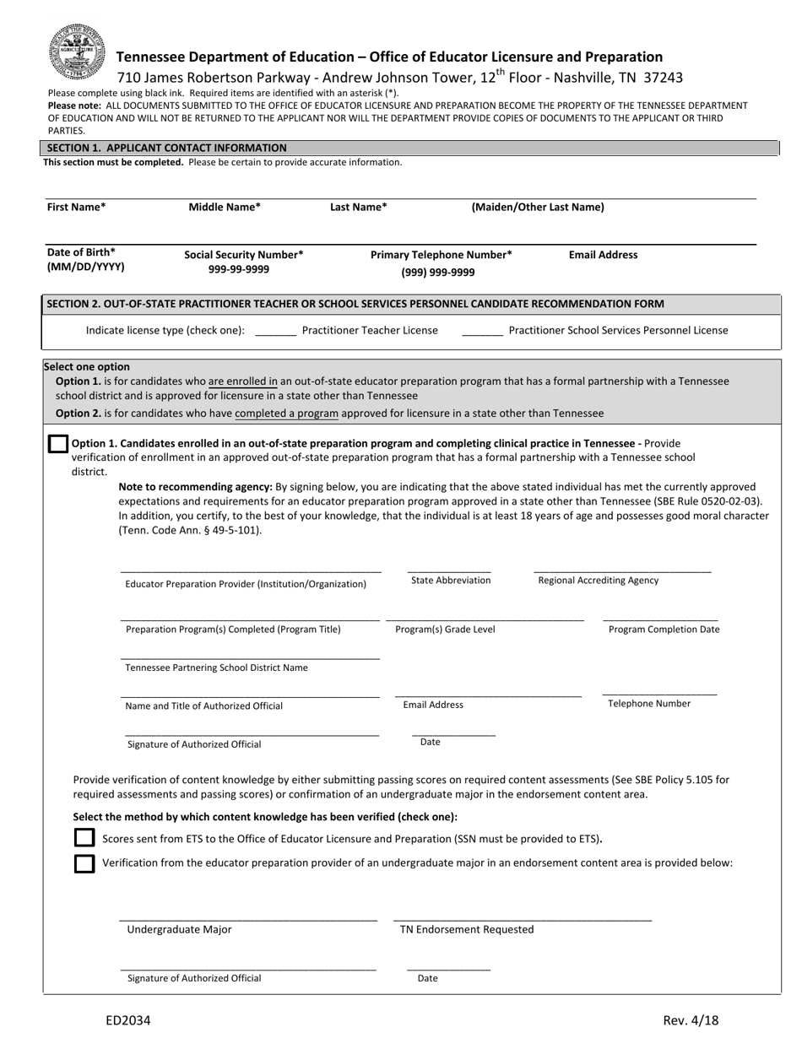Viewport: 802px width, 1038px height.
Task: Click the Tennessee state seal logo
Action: coord(78,50)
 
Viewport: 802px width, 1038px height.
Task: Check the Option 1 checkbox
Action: coord(57,444)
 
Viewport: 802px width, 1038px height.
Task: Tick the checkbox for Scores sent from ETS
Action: coord(84,838)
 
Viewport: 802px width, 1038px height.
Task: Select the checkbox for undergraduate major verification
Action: coord(84,863)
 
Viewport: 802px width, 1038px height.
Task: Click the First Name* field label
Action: coord(76,207)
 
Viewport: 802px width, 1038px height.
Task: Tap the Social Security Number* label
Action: coord(244,255)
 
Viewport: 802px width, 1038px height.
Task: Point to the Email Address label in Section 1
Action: coord(603,255)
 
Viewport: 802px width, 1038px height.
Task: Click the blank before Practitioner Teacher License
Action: coord(275,331)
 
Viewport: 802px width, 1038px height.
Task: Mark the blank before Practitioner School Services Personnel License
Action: coord(483,331)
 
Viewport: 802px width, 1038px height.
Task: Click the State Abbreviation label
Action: coord(450,581)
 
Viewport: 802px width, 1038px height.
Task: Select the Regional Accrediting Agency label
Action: coord(598,581)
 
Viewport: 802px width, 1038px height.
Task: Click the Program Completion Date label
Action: coord(664,630)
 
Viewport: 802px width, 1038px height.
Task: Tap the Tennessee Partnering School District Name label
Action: coord(216,668)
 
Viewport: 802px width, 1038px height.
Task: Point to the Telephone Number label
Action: coord(648,704)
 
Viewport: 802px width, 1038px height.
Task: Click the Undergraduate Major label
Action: coord(179,930)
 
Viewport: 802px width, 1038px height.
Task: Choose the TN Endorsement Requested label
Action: coord(467,930)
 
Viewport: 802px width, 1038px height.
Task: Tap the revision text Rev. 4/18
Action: coord(691,1020)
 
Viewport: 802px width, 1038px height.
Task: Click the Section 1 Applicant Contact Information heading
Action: coord(166,148)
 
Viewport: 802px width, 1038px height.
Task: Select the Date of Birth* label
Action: coord(81,252)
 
